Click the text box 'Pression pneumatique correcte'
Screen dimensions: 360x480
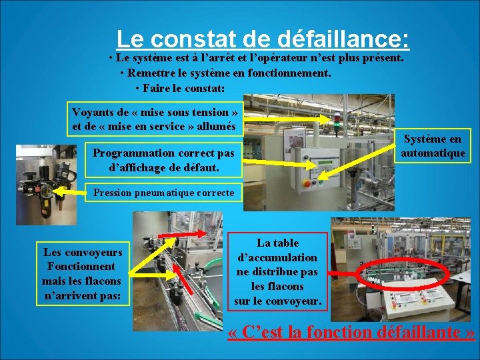[163, 193]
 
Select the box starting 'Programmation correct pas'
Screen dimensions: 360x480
[163, 161]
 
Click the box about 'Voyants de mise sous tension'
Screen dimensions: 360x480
[154, 119]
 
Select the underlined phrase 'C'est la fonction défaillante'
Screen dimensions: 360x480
[351, 333]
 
